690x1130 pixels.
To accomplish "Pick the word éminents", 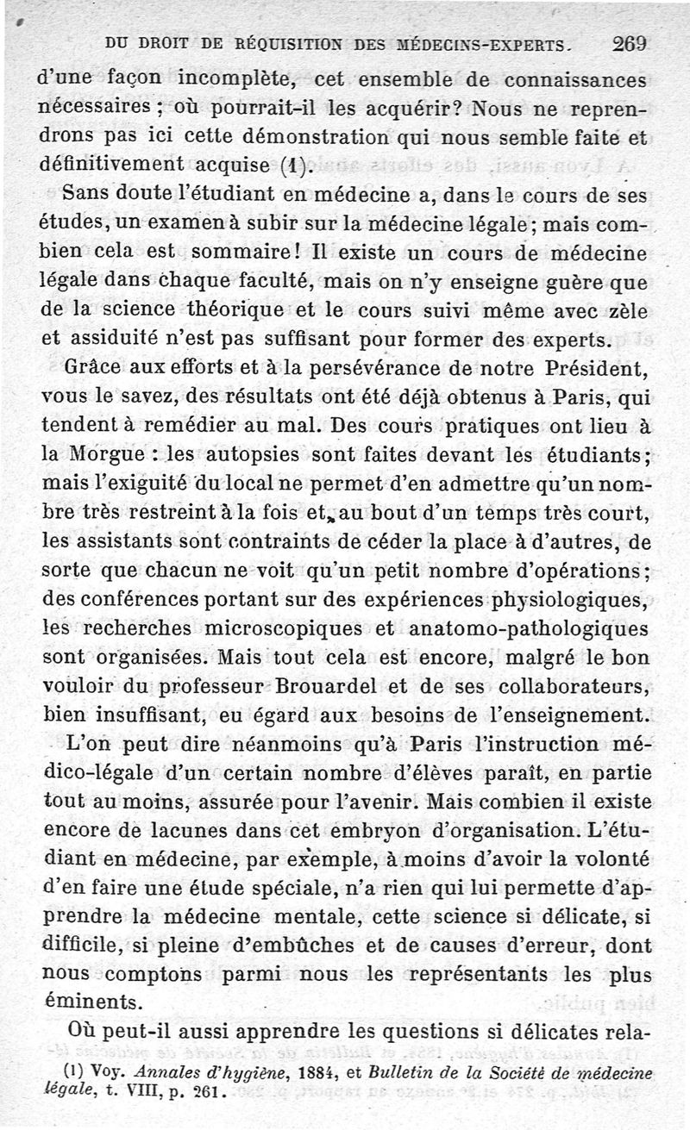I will pos(88,1002).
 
